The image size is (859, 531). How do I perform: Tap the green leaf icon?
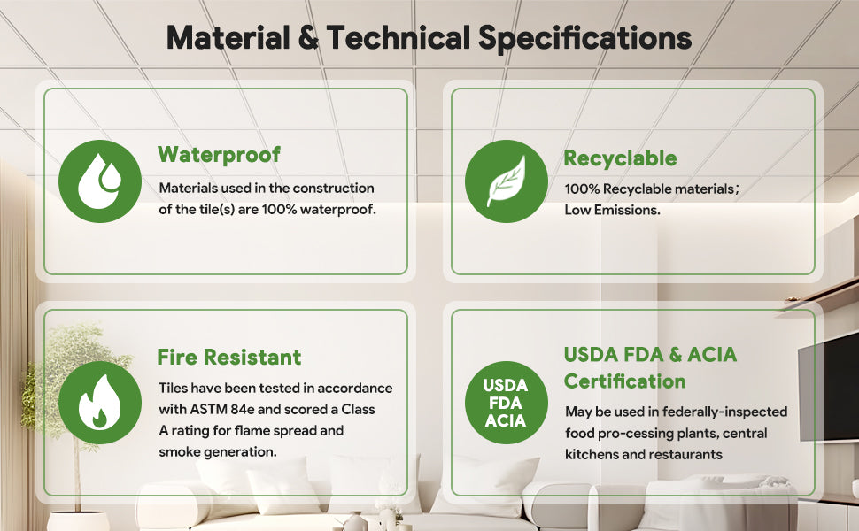click(x=507, y=181)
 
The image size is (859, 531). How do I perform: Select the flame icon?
click(x=100, y=403)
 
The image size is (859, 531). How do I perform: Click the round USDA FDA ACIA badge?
click(x=507, y=403)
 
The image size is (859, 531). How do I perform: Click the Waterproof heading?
click(x=219, y=155)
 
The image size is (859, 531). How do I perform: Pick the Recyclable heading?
click(x=620, y=158)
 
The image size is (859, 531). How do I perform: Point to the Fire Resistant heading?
click(x=229, y=357)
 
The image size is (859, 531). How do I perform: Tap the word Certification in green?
click(x=624, y=381)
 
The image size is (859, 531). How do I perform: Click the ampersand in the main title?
click(x=308, y=38)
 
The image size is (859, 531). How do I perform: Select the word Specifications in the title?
click(x=584, y=39)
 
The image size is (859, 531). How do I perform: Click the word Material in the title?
click(x=228, y=38)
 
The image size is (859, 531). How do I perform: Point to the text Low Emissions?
click(x=612, y=210)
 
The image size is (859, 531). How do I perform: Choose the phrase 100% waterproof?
click(x=319, y=210)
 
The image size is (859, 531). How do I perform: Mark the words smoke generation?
click(x=218, y=452)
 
